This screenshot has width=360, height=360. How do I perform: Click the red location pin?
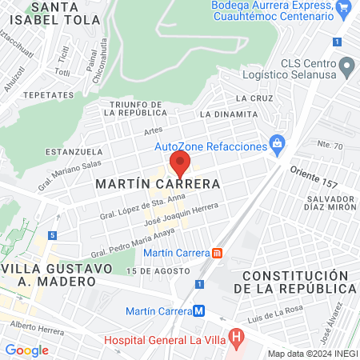pyautogui.click(x=181, y=166)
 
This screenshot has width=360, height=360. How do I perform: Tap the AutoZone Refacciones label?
pyautogui.click(x=210, y=147)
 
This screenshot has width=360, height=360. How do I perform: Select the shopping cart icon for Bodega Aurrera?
pyautogui.click(x=345, y=9)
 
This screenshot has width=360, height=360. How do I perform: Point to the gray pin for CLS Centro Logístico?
pyautogui.click(x=347, y=65)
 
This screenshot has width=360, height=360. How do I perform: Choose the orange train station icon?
pyautogui.click(x=217, y=254)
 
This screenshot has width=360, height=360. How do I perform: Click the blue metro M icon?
pyautogui.click(x=200, y=310)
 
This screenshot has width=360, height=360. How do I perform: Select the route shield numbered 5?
pyautogui.click(x=52, y=235)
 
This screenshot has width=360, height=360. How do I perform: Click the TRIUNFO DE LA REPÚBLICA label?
pyautogui.click(x=126, y=109)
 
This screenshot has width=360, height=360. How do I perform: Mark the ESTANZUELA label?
pyautogui.click(x=74, y=150)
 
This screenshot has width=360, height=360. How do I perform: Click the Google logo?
pyautogui.click(x=26, y=350)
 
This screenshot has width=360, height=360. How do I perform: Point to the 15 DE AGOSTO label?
pyautogui.click(x=149, y=272)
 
